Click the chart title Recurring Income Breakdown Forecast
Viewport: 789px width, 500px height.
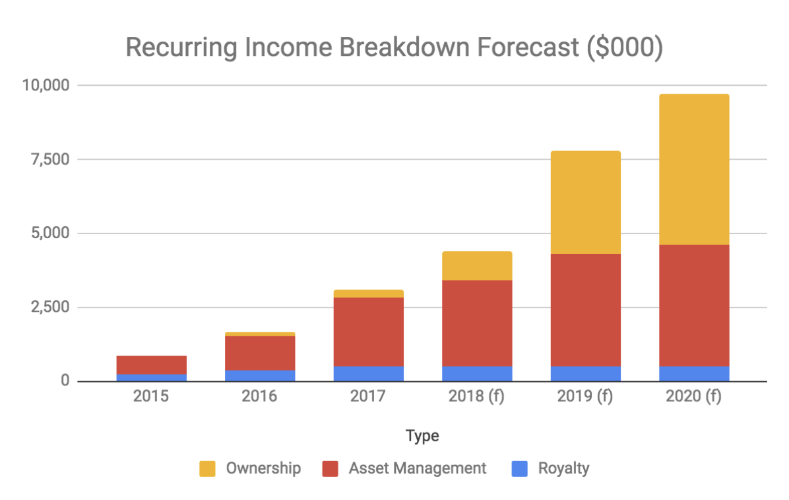point(393,47)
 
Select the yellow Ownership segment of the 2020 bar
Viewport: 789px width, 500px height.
point(694,170)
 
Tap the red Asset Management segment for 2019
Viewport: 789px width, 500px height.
point(585,310)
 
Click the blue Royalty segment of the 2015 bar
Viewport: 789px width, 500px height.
point(152,377)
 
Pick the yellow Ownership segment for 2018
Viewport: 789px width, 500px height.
point(477,266)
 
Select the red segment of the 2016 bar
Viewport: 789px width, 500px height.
point(260,353)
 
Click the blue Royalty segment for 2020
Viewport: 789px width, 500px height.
point(694,373)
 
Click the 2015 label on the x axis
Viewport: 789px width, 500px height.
point(152,397)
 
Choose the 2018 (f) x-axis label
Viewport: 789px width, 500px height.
point(477,397)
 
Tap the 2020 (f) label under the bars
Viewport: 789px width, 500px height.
point(694,397)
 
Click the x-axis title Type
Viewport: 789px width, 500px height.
point(423,436)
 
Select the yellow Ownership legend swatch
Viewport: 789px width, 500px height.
point(208,469)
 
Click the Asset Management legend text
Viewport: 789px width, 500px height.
point(418,468)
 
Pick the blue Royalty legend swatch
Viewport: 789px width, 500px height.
point(520,469)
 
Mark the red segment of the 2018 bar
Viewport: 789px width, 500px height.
point(477,323)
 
